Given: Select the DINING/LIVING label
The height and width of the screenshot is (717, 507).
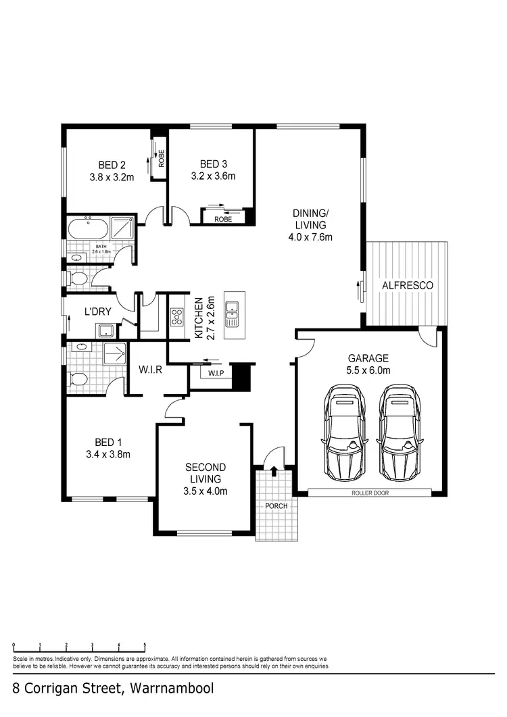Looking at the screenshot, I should [x=309, y=219].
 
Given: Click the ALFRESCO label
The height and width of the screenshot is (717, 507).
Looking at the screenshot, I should [x=407, y=285].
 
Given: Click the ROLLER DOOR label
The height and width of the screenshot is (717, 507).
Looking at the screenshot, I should [x=370, y=493].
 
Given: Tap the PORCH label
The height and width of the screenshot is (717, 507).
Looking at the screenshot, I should [x=276, y=506].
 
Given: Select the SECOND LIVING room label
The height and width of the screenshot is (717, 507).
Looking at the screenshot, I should [x=206, y=472].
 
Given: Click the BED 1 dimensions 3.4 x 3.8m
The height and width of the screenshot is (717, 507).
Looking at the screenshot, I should [x=108, y=454].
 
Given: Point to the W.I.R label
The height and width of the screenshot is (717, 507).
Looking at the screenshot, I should [x=149, y=370].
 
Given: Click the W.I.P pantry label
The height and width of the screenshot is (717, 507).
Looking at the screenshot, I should [x=216, y=373].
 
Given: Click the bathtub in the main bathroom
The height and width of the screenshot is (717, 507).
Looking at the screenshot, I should [x=87, y=228].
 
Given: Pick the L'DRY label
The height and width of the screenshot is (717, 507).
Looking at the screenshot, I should [x=97, y=312].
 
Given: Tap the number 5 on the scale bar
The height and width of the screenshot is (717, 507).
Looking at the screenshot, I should [x=145, y=645].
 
